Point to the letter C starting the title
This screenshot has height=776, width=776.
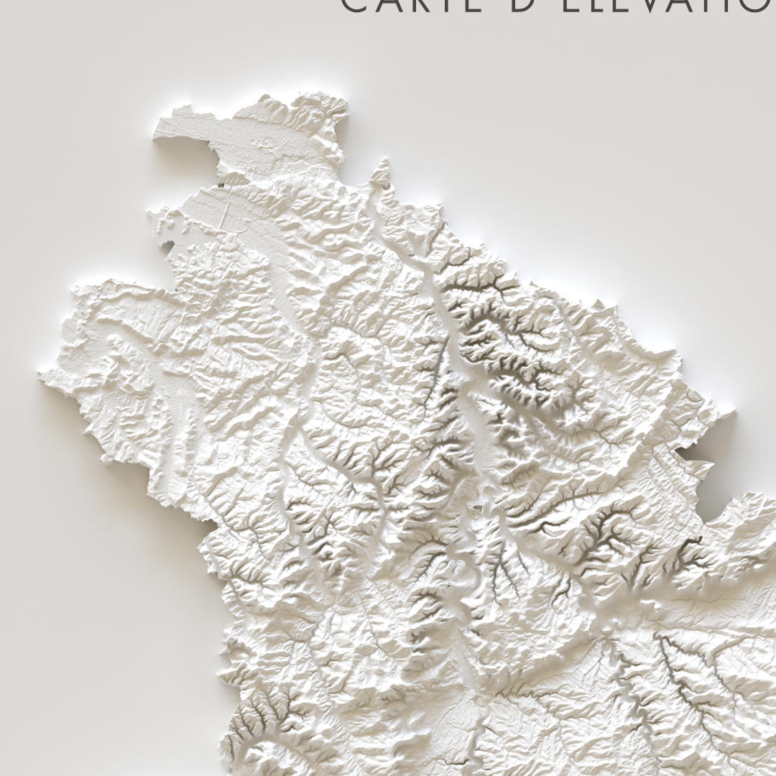[x=354, y=6]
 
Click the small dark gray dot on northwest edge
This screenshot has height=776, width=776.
[x=220, y=185]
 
